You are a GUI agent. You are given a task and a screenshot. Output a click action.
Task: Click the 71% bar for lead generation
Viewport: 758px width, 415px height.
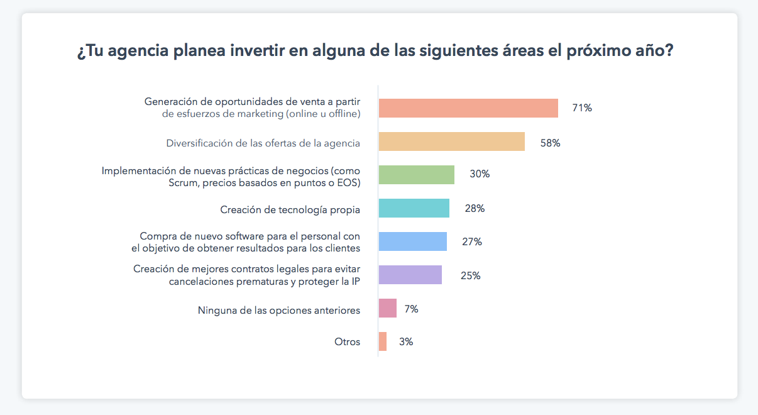468,108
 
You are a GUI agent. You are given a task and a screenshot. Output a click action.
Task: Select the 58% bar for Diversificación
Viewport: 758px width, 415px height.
451,141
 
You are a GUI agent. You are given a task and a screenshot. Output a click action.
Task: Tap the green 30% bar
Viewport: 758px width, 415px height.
416,175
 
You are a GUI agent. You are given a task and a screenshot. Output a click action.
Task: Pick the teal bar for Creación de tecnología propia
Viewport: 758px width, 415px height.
414,208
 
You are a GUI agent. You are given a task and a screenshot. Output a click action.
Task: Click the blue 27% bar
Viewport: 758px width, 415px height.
412,241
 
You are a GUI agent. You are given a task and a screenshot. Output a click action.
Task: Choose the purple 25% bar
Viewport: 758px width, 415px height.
410,275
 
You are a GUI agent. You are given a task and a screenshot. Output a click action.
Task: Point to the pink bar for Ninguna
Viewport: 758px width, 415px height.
387,308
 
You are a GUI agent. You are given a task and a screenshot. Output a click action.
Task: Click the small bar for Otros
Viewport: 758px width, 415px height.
382,341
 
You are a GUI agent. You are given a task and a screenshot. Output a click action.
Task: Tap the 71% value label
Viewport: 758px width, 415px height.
581,108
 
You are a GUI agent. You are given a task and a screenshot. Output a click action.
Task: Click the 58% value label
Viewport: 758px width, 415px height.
550,143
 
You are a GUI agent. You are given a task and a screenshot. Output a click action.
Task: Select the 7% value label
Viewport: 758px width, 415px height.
411,309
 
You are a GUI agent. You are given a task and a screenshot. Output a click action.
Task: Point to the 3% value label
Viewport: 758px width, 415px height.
406,342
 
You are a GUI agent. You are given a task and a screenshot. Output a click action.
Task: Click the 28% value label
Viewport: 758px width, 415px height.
475,209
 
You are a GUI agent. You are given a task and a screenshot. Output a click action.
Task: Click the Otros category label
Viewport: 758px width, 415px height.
348,342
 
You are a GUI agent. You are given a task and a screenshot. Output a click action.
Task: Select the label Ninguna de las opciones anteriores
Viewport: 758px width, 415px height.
279,310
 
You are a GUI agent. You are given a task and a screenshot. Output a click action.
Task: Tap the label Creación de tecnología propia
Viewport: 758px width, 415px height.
290,209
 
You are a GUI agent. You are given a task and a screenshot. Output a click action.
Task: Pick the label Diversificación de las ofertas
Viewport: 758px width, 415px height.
263,143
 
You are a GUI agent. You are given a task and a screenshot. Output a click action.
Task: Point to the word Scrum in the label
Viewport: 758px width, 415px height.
183,183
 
